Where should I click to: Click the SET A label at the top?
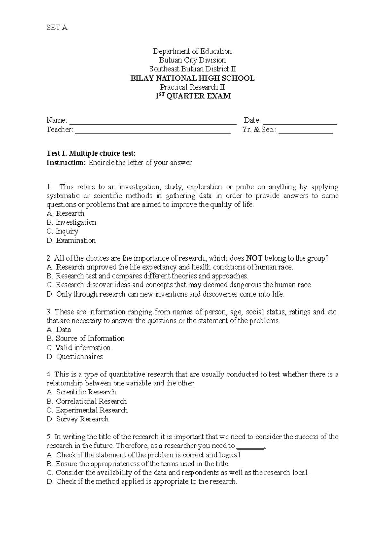[x=57, y=28]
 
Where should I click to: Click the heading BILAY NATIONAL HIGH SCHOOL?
[x=192, y=78]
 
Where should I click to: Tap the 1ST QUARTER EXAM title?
[x=192, y=96]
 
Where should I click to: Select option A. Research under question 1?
[x=65, y=213]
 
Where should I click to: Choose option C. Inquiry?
[x=62, y=231]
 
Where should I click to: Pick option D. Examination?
[x=71, y=240]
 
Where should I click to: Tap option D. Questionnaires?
[x=74, y=357]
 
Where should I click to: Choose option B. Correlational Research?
[x=87, y=401]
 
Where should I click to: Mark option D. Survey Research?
[x=77, y=419]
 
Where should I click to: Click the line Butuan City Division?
[x=192, y=60]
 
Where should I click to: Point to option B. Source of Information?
[x=85, y=339]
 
